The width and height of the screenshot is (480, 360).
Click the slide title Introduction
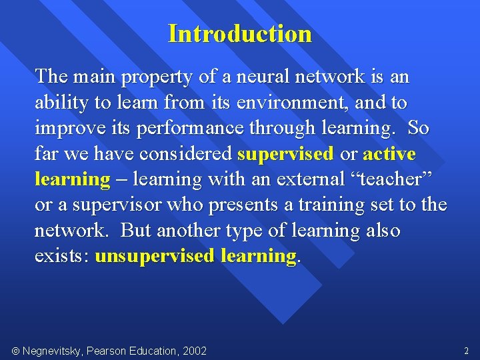[x=240, y=33]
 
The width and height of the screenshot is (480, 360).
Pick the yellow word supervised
[x=285, y=154]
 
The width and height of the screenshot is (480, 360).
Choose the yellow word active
[x=389, y=154]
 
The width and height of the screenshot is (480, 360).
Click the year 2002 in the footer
[x=194, y=351]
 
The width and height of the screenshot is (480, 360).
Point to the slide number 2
[x=465, y=351]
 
